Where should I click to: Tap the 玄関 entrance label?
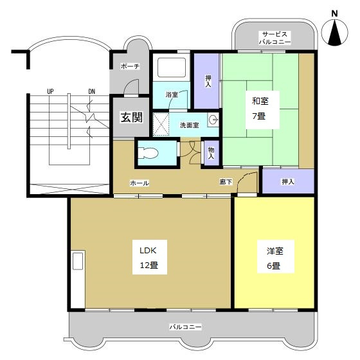[127, 118]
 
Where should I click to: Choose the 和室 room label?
[258, 108]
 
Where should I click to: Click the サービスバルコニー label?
[275, 37]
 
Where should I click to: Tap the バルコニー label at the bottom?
[186, 327]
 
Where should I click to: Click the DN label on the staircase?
[91, 91]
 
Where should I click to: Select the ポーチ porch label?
[130, 66]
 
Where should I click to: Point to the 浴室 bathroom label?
[172, 95]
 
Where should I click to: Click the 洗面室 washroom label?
[188, 125]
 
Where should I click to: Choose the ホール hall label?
[139, 183]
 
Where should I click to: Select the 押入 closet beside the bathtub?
[208, 81]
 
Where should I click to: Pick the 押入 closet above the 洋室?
[288, 182]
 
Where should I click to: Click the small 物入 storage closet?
[210, 152]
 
